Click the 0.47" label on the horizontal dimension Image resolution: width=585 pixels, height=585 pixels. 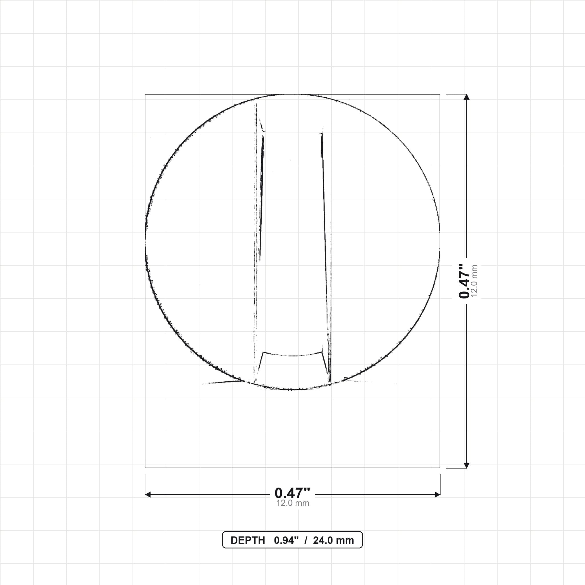pos(292,493)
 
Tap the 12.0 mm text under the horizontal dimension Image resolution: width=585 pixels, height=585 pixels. pos(292,503)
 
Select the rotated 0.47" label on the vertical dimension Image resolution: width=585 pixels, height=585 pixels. pos(464,281)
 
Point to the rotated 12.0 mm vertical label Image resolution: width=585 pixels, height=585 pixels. pos(474,281)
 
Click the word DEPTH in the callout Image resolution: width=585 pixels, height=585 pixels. pos(248,540)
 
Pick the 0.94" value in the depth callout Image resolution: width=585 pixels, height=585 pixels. pos(286,540)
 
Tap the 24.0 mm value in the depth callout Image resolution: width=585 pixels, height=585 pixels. pos(333,540)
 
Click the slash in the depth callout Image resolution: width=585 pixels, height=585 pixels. pos(306,540)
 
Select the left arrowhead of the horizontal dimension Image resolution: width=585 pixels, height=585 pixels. pos(148,494)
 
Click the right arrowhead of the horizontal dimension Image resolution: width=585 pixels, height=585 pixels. pos(437,494)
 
